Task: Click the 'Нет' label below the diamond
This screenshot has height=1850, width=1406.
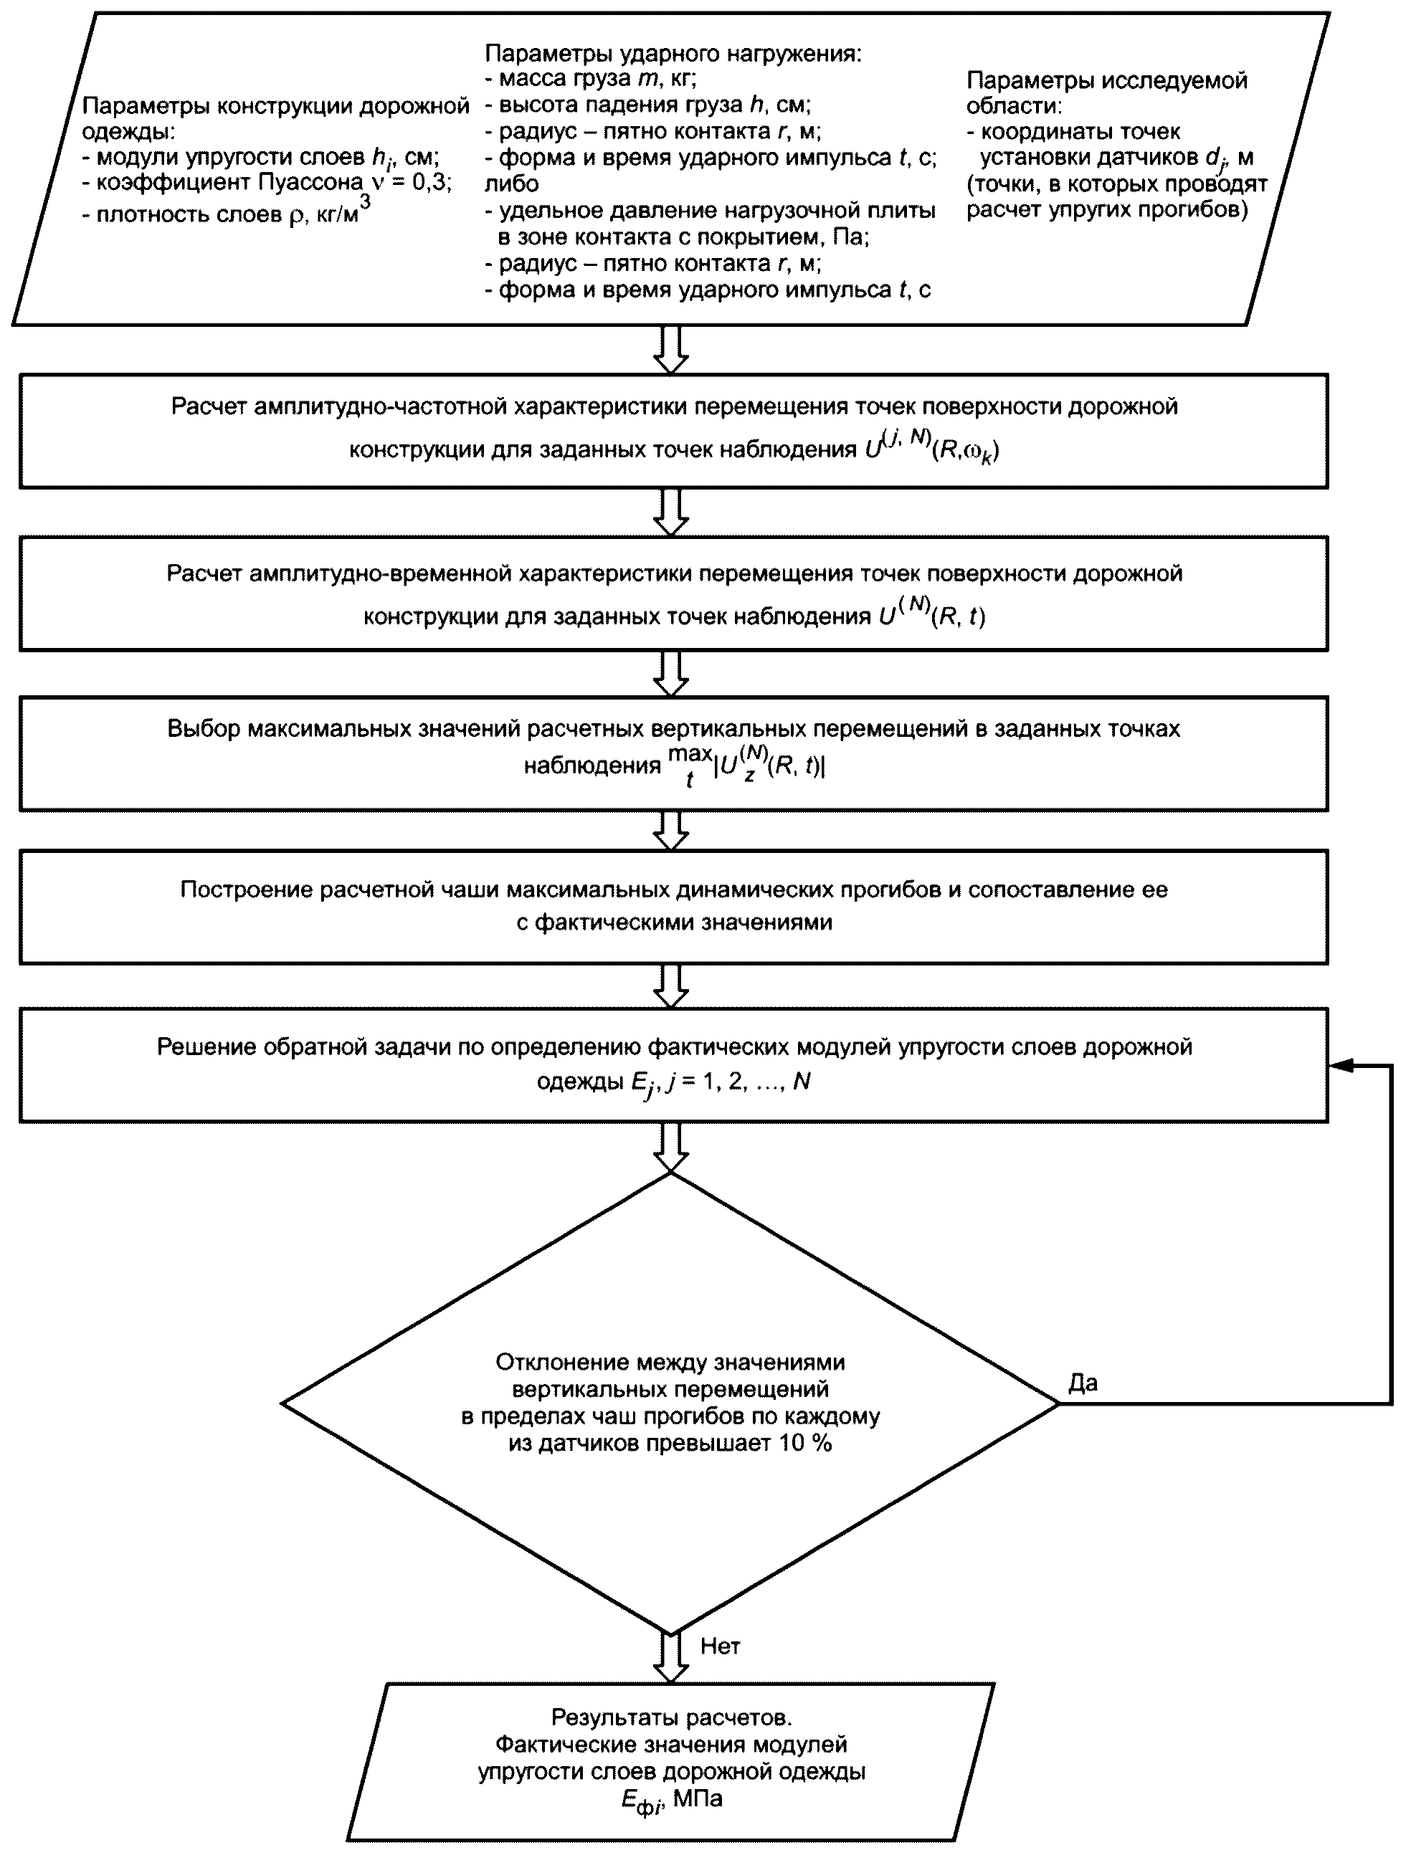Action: [720, 1646]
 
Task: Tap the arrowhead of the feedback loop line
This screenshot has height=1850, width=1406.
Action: [1341, 1065]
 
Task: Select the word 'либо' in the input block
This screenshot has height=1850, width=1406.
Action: [511, 184]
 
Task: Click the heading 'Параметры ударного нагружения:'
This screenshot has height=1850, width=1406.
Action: [673, 54]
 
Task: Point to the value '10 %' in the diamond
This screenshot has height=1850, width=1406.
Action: [806, 1443]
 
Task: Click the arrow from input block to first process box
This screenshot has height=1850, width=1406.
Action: [671, 349]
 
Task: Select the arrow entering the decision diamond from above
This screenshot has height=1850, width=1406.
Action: [671, 1147]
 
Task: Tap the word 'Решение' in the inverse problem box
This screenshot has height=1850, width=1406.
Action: [201, 1046]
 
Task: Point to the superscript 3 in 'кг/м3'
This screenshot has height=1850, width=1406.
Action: [365, 202]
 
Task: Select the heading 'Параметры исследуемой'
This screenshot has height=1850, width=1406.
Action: [1106, 80]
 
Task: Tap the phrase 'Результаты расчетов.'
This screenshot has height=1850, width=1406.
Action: [671, 1717]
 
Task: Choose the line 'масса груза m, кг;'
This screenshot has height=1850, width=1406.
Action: [591, 80]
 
